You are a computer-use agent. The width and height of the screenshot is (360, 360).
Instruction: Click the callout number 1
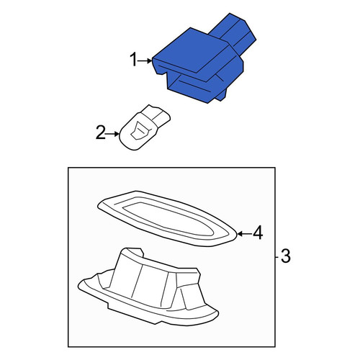tap(133, 60)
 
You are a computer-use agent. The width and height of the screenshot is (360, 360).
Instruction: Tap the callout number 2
tap(101, 132)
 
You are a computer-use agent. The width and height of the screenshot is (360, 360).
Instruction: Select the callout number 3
tap(286, 256)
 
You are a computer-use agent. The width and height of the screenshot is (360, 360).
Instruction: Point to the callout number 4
tap(258, 233)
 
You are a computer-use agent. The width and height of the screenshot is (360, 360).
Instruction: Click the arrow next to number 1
tap(145, 61)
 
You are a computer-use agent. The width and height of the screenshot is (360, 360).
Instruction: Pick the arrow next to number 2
tap(112, 134)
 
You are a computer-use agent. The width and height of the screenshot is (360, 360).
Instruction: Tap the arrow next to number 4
tap(245, 233)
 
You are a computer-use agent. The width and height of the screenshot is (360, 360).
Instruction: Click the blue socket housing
tap(204, 60)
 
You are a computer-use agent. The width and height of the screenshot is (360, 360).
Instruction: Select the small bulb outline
tap(145, 127)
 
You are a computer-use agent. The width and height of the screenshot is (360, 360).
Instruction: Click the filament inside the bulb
tap(140, 130)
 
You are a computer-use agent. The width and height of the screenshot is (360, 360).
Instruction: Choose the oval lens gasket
tap(167, 218)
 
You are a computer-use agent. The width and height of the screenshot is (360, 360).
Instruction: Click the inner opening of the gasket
tap(168, 217)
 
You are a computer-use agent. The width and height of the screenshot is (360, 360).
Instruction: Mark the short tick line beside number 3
tap(276, 257)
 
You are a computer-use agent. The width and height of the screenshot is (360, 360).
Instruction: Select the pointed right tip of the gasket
tap(236, 233)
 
